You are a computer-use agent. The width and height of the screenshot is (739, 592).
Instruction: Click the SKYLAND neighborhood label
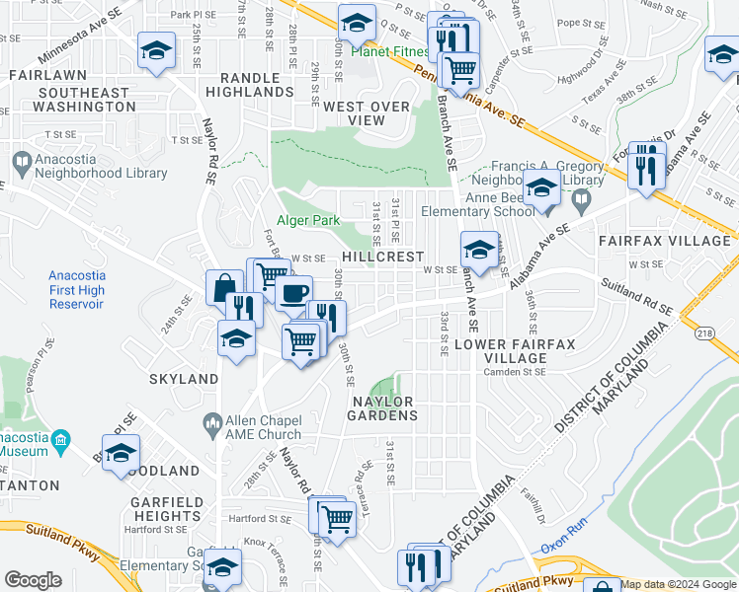[183, 379]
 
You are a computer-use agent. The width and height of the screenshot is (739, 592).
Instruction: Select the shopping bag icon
[224, 287]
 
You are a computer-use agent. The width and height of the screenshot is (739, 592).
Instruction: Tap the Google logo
[34, 580]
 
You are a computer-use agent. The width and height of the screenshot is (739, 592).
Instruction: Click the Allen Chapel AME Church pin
[211, 424]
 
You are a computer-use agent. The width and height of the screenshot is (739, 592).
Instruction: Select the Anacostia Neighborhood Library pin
[20, 161]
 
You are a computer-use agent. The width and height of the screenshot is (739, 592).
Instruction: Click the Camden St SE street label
[514, 372]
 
